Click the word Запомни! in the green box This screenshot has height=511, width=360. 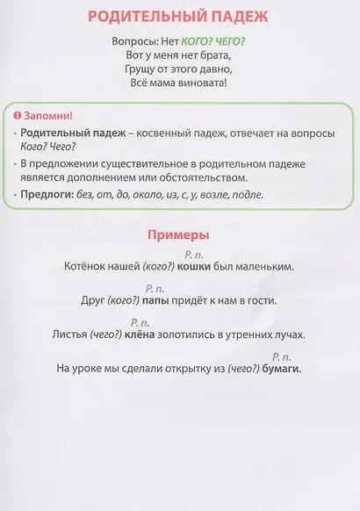[x=49, y=116]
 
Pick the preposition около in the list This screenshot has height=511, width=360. [x=146, y=195]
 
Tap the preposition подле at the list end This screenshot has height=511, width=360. [x=247, y=195]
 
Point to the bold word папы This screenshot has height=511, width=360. [x=155, y=300]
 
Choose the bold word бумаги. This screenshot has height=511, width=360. [x=281, y=369]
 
